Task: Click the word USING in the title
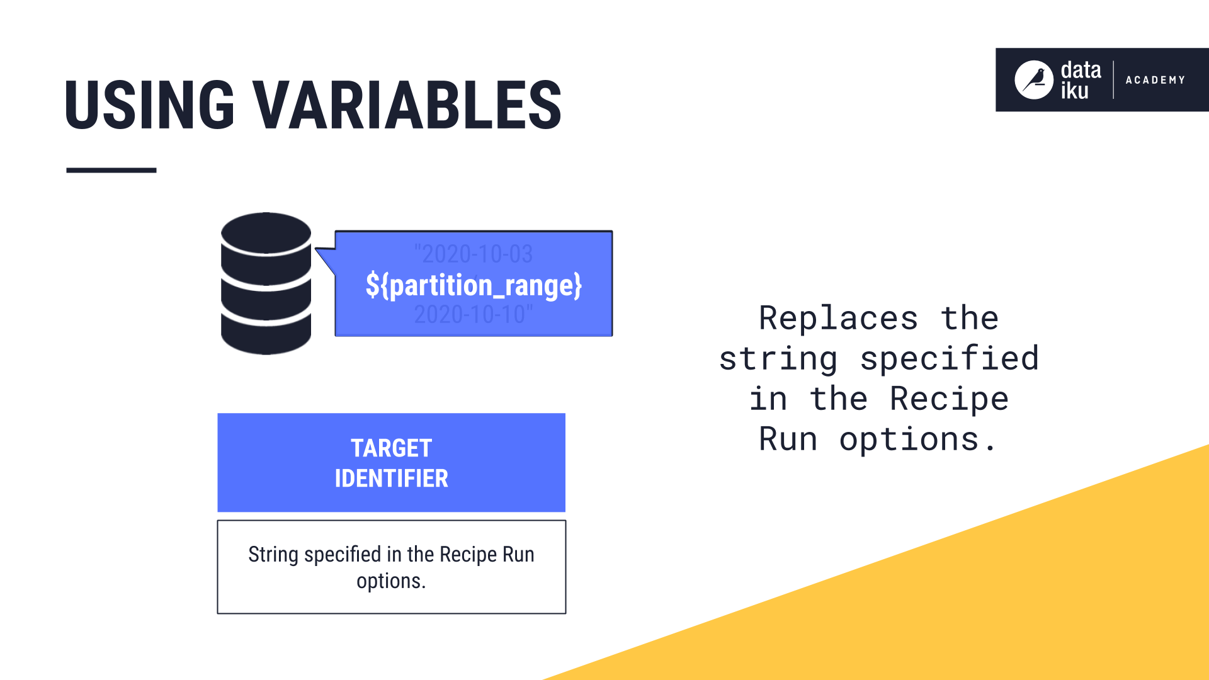pyautogui.click(x=149, y=105)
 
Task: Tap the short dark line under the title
pyautogui.click(x=111, y=170)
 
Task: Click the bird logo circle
pyautogui.click(x=1033, y=80)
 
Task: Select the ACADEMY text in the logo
pyautogui.click(x=1155, y=80)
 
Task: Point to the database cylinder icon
pyautogui.click(x=266, y=283)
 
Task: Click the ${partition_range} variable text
pyautogui.click(x=474, y=285)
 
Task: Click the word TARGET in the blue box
pyautogui.click(x=391, y=448)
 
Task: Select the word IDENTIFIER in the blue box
pyautogui.click(x=391, y=479)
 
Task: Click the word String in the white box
pyautogui.click(x=273, y=555)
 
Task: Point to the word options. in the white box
pyautogui.click(x=391, y=581)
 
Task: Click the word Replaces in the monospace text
pyautogui.click(x=838, y=318)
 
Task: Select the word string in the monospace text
pyautogui.click(x=778, y=359)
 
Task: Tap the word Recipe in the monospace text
pyautogui.click(x=949, y=399)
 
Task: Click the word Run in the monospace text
pyautogui.click(x=788, y=439)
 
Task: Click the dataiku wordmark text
pyautogui.click(x=1081, y=80)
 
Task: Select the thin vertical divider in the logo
pyautogui.click(x=1113, y=80)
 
